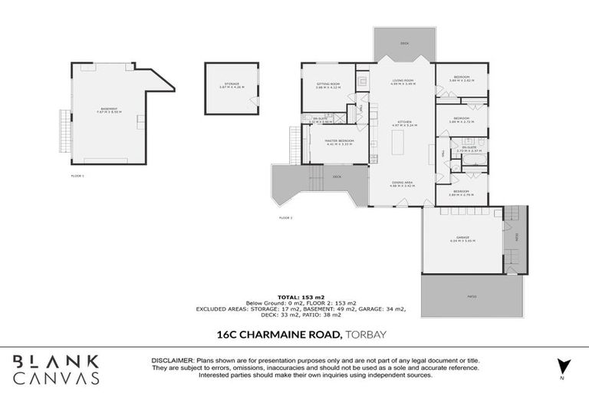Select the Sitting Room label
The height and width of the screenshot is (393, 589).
[x=327, y=85]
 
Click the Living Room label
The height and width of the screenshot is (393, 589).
[x=403, y=81]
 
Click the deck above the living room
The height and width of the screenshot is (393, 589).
[x=404, y=44]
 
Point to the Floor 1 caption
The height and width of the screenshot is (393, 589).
[x=77, y=176]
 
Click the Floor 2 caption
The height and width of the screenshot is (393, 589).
[x=285, y=217]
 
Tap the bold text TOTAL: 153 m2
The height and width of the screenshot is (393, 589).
[x=294, y=296]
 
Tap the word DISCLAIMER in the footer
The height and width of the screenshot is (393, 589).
[x=165, y=358]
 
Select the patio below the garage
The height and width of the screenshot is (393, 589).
[x=472, y=296]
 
